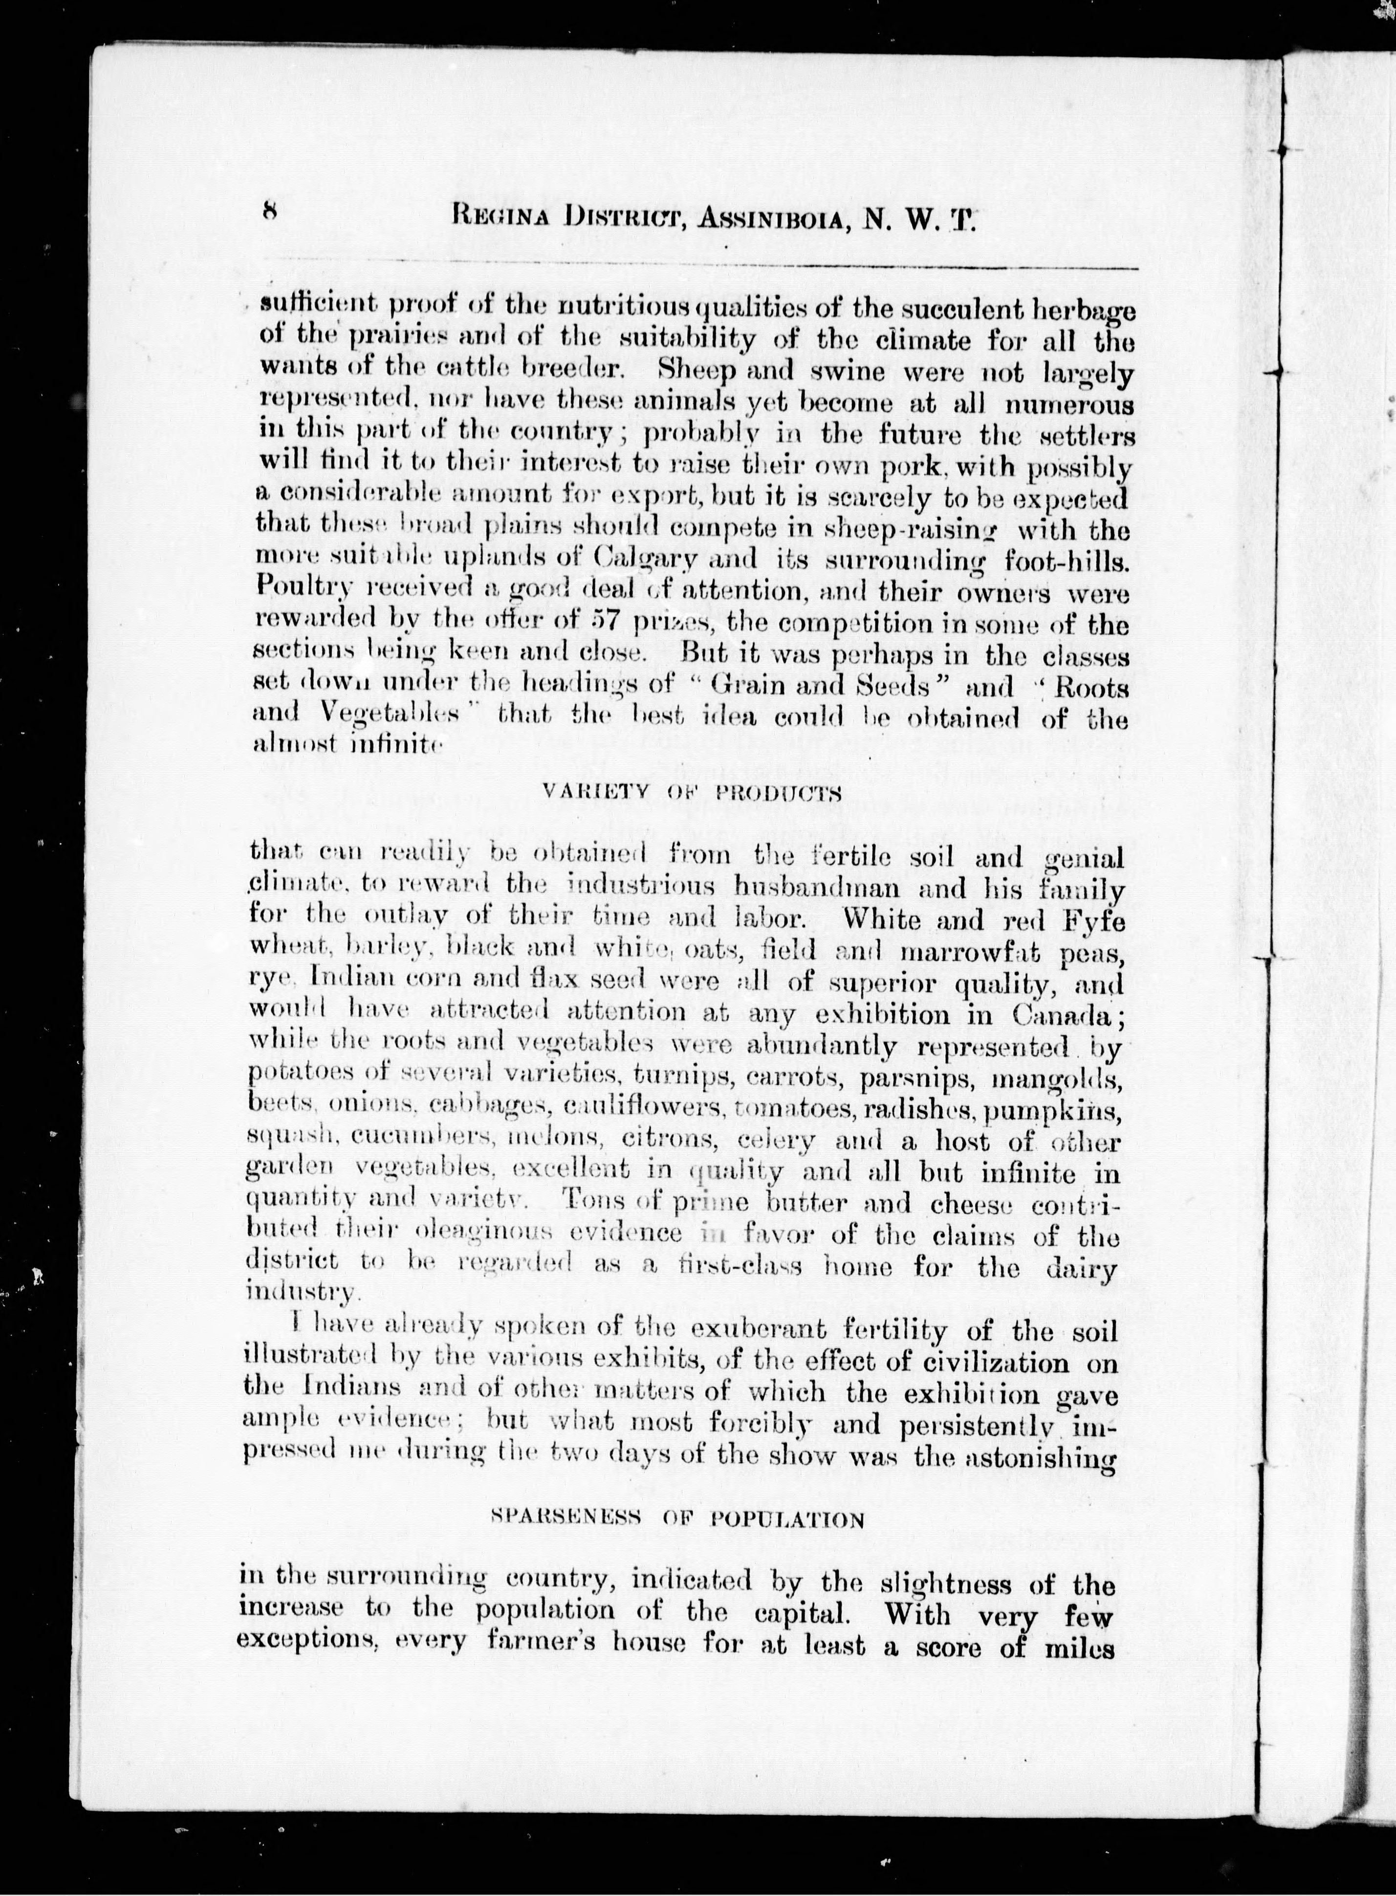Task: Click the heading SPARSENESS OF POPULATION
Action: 678,1520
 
